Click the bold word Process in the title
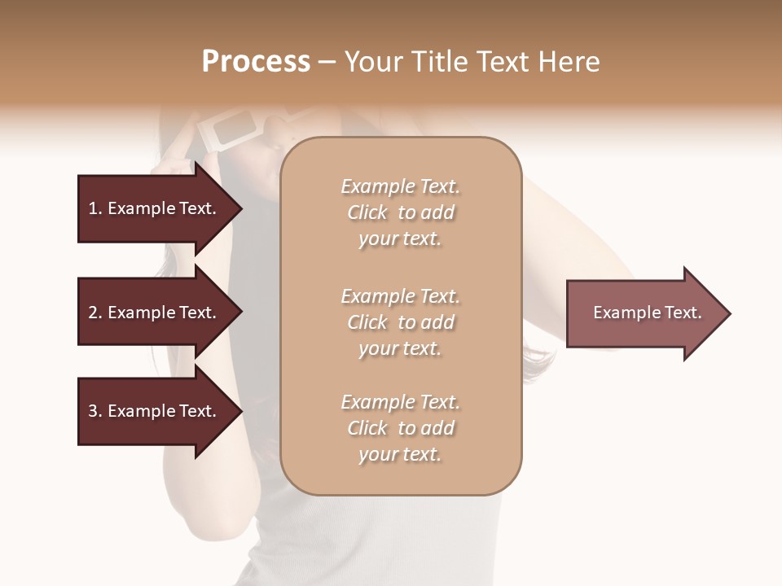[x=256, y=62]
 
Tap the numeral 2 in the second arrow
[x=93, y=313]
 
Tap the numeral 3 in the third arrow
[x=93, y=411]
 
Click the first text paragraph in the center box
[x=400, y=212]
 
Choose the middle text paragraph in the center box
[x=400, y=322]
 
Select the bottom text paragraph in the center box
[x=400, y=428]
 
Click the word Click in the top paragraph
[x=367, y=212]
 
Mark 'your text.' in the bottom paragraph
[x=400, y=454]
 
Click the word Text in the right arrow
[x=683, y=313]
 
